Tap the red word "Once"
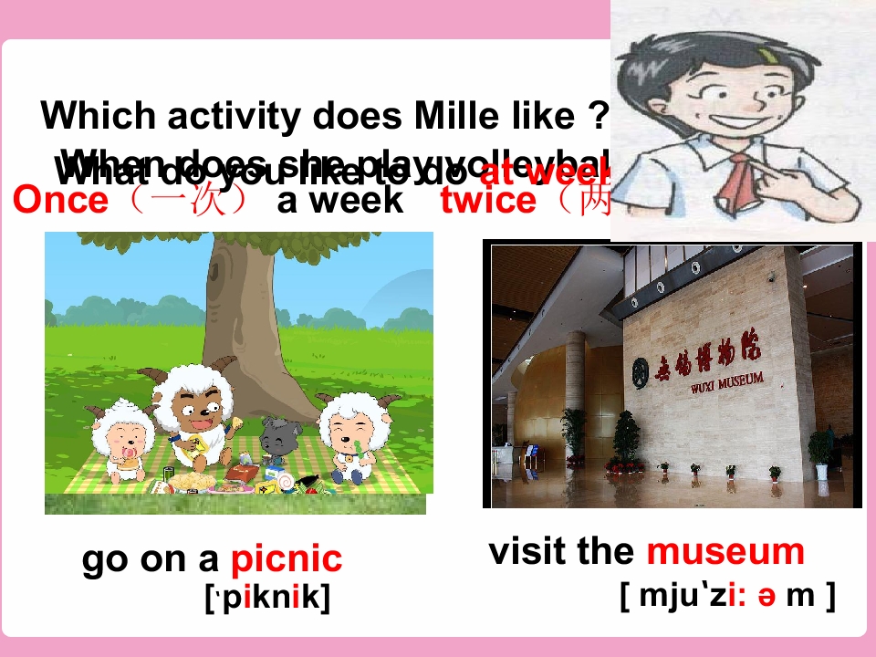60,200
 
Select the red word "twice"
488,200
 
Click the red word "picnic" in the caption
287,559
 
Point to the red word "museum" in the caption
725,551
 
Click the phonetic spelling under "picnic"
267,598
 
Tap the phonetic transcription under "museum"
727,595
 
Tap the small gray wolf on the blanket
275,439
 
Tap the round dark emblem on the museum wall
641,370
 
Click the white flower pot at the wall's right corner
820,471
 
